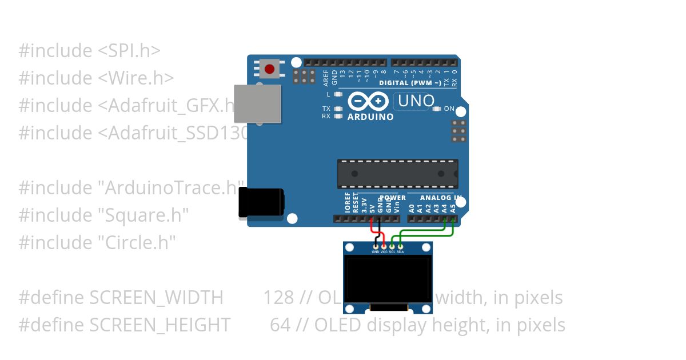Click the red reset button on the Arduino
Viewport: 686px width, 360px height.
[269, 69]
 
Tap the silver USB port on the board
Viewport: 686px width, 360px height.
[258, 103]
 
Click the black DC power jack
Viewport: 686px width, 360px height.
[261, 203]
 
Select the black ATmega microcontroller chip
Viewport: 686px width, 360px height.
[397, 174]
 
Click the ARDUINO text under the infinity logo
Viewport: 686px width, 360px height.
[370, 117]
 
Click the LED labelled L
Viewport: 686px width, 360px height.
[338, 94]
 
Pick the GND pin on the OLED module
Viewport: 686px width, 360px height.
[376, 246]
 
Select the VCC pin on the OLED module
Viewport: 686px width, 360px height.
[384, 246]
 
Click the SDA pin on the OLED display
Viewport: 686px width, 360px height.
[400, 246]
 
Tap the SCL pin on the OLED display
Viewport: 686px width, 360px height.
[392, 246]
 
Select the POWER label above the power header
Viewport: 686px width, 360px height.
[393, 198]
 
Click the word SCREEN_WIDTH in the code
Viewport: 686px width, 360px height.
[156, 298]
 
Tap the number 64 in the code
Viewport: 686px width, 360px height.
[280, 325]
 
